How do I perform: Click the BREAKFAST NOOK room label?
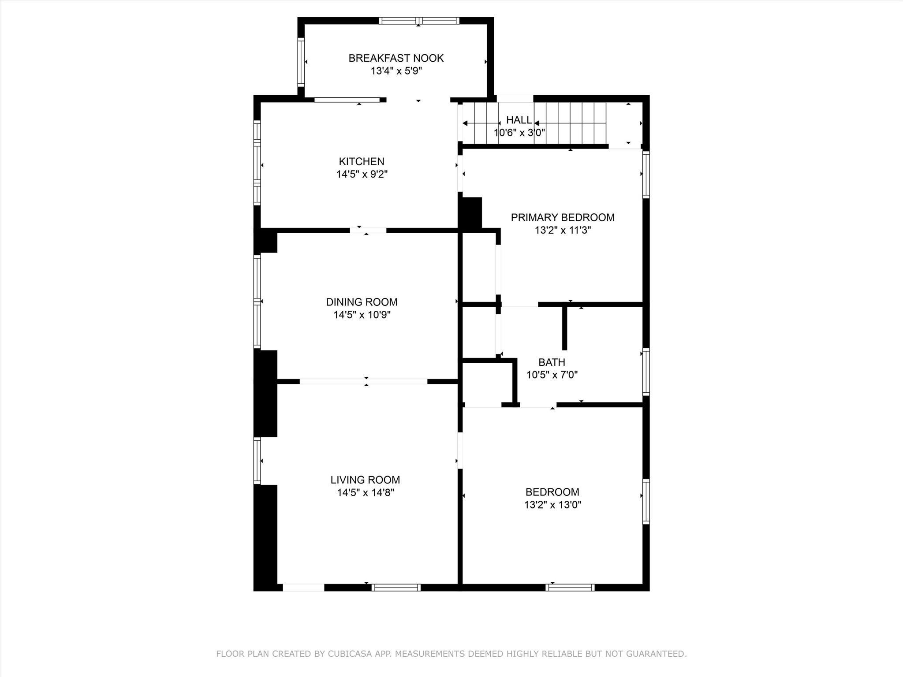[x=396, y=58]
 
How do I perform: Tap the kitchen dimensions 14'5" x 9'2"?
[x=362, y=175]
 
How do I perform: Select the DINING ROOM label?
[x=362, y=302]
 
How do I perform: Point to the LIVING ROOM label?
[x=365, y=480]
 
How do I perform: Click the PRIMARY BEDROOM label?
[x=562, y=217]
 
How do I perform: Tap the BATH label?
[x=551, y=362]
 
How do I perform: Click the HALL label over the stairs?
[x=519, y=120]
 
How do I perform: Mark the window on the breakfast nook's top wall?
[x=418, y=21]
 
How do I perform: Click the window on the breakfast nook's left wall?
[x=301, y=62]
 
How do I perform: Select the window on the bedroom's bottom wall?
[x=570, y=587]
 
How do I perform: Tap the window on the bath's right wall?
[x=646, y=372]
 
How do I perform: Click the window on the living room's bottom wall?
[x=396, y=587]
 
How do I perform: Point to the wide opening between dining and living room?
[x=363, y=381]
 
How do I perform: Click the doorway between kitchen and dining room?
[x=368, y=230]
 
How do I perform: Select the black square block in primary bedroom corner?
[x=471, y=212]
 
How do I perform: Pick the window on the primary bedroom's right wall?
[x=646, y=175]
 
